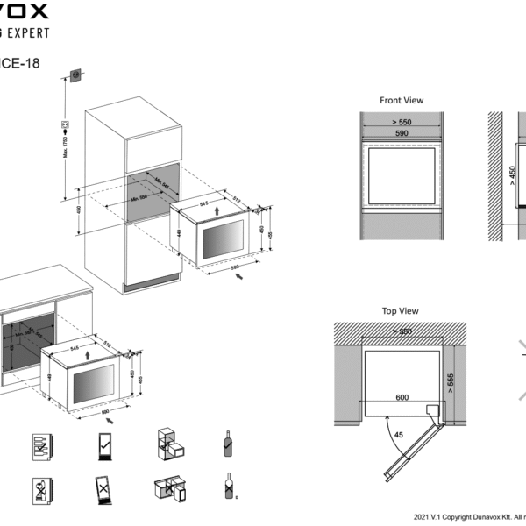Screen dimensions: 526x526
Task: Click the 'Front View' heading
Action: click(x=402, y=101)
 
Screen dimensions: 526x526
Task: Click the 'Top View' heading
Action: click(x=401, y=311)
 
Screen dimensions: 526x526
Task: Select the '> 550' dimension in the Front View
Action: click(x=401, y=122)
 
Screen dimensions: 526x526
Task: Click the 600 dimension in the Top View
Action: click(x=402, y=397)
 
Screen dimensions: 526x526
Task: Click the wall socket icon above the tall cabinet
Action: click(x=76, y=75)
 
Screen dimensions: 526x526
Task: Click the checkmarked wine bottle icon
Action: click(x=226, y=444)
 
